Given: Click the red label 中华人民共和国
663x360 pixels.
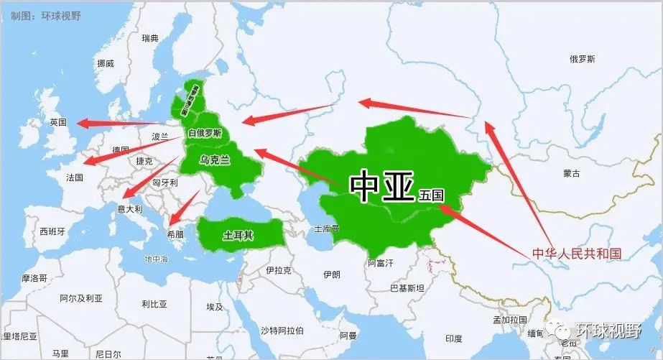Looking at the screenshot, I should point(576,254).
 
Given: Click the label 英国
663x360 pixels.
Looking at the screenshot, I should point(58,122).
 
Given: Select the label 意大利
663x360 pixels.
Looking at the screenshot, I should point(130,209).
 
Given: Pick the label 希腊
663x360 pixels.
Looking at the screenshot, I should point(176,234).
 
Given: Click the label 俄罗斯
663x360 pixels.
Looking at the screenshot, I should point(582,60).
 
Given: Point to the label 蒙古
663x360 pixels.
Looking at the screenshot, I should point(572,173).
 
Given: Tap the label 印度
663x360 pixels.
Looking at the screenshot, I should point(453,338).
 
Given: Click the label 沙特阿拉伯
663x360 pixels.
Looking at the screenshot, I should point(282,331).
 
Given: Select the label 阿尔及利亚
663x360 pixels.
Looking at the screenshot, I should point(81,297).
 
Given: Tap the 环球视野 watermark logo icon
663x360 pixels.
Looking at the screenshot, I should point(560,331).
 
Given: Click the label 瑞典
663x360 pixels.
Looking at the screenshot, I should point(150,38).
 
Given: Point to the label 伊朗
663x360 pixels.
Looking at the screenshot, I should point(331,274).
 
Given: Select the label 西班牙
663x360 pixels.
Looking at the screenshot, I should point(52,232).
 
